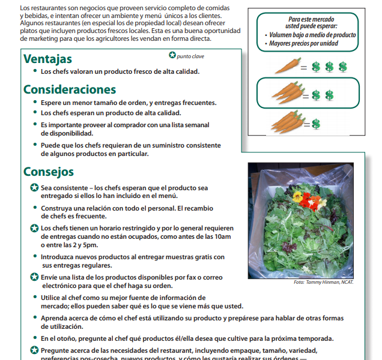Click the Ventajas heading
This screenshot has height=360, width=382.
(x=47, y=59)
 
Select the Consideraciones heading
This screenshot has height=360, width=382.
(x=70, y=89)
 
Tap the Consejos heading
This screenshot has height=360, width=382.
(x=49, y=172)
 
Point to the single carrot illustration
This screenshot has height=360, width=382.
(x=286, y=65)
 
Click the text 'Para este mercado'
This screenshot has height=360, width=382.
(x=312, y=19)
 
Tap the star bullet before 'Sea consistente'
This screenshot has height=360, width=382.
(x=34, y=188)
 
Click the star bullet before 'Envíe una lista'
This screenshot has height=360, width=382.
(x=34, y=277)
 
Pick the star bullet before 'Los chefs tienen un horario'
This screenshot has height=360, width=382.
(x=34, y=229)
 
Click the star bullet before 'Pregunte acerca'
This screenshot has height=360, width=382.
(x=34, y=350)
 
